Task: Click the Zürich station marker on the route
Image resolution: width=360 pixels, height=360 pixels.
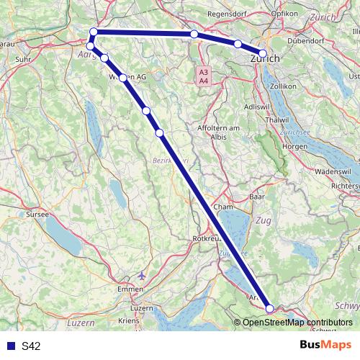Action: [262, 53]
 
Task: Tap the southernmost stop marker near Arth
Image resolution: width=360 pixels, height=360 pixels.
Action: [270, 309]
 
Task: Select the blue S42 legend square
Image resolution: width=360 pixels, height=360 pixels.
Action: [9, 346]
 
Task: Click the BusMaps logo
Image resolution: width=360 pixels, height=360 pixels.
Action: [325, 346]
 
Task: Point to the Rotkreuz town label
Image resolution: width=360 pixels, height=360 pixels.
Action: [208, 238]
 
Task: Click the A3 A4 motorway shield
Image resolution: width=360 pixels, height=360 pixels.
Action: [204, 76]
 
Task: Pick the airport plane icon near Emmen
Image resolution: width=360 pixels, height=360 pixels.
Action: [140, 274]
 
